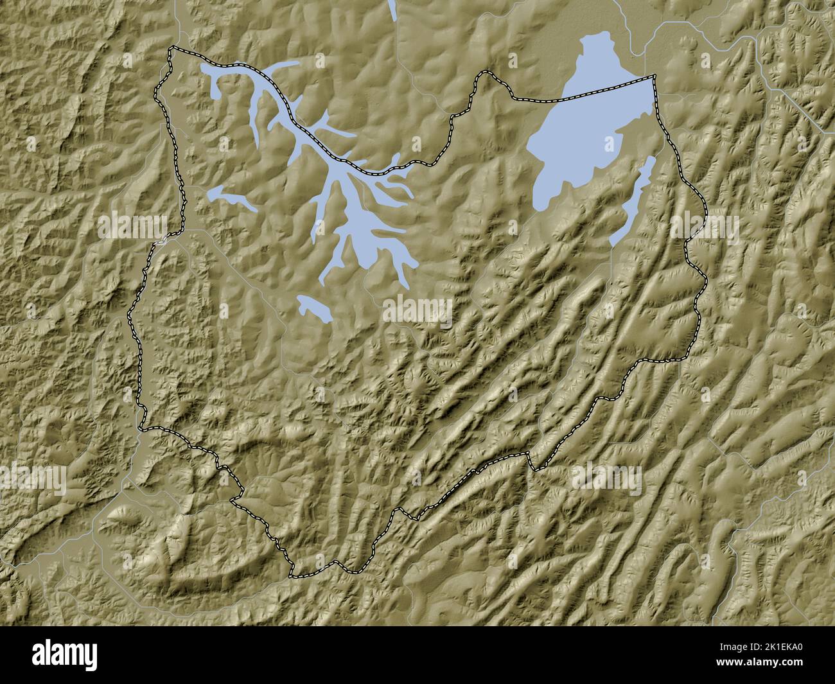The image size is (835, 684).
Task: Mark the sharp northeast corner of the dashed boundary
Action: click(x=655, y=77)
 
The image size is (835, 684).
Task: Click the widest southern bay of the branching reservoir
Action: click(x=366, y=234)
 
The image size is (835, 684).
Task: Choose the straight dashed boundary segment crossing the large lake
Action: click(x=604, y=90)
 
